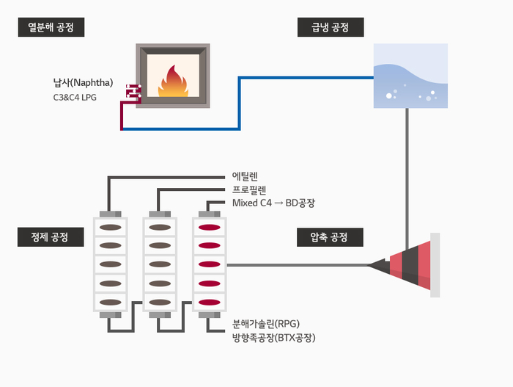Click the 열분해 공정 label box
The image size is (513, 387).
tap(51, 28)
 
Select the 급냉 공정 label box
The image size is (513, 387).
tap(331, 28)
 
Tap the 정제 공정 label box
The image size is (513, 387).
tap(51, 237)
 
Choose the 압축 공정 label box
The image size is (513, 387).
tap(331, 237)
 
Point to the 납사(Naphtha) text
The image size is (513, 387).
tap(83, 82)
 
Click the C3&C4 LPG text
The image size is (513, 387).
tap(75, 97)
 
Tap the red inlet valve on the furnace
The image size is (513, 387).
tap(133, 92)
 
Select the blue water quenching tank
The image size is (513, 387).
tap(410, 76)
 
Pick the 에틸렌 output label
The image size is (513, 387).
tap(245, 176)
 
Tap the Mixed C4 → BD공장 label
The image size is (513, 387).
tap(273, 203)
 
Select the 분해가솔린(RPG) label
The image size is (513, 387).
tap(266, 324)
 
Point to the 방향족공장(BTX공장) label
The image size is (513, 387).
tap(273, 338)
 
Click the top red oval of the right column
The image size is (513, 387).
tap(210, 227)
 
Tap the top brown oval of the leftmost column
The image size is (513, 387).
tap(110, 227)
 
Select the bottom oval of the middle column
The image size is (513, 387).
tap(160, 302)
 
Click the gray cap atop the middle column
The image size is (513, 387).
tap(160, 214)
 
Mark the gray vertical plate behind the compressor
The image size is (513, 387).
tap(435, 265)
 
